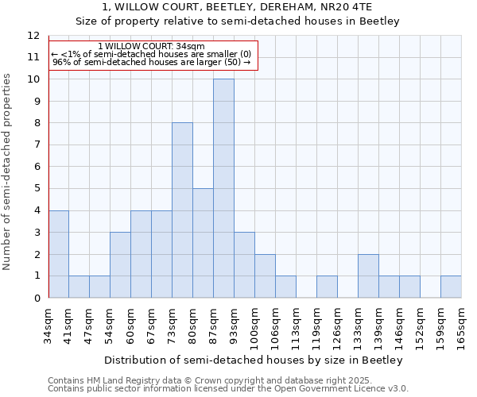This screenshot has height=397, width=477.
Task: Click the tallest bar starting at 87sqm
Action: click(223, 188)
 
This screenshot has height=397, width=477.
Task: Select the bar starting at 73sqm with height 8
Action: click(182, 210)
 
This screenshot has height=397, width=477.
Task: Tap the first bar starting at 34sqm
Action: click(58, 254)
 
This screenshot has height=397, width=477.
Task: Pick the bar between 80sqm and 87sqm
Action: click(203, 243)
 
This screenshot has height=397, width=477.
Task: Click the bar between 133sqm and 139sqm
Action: click(368, 276)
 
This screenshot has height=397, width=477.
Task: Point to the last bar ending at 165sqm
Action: click(451, 287)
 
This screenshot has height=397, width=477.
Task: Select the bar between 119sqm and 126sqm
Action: click(327, 287)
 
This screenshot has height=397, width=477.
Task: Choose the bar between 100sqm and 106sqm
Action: click(265, 276)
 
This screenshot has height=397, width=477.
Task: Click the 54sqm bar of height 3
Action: click(120, 265)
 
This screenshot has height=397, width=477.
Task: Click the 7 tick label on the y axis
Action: click(36, 145)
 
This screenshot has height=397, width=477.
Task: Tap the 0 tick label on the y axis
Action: click(36, 299)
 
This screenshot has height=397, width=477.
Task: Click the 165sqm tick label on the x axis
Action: click(461, 326)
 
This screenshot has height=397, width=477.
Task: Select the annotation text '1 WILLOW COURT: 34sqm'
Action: click(151, 47)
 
